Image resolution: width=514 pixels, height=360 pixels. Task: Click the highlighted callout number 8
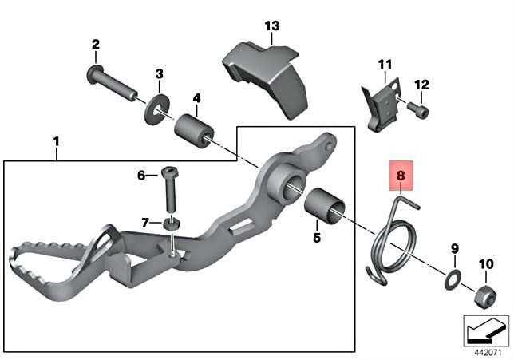pos(401,176)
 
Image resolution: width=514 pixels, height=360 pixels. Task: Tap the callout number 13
pos(272,26)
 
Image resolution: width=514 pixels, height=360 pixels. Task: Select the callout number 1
pos(57,142)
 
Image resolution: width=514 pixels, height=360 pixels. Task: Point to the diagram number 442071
pos(488,353)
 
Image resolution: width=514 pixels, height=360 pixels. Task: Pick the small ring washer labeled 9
pos(453,279)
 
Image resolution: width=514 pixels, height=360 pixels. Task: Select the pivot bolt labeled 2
pos(112,83)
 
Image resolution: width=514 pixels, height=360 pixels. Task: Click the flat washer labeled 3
pos(157,109)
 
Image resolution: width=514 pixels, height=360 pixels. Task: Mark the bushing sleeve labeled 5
pos(325,206)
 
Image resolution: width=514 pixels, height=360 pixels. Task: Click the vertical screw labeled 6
pos(168,189)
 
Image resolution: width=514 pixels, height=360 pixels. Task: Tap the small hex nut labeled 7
pos(172,224)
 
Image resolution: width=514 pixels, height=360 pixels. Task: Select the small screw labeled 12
pos(418,110)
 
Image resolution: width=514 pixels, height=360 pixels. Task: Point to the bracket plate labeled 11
pos(382,105)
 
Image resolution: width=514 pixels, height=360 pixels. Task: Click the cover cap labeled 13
pos(267,79)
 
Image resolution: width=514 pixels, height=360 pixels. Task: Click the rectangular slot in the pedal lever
pos(243,227)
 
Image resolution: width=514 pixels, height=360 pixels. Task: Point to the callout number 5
pos(317,237)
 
